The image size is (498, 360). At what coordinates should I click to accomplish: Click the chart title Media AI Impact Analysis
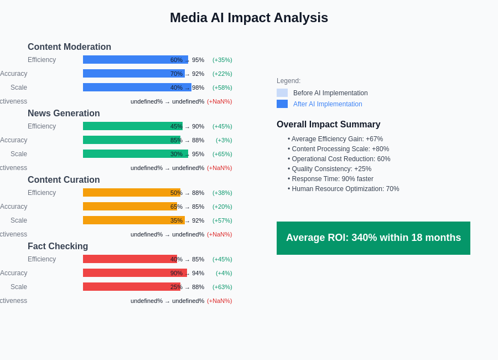pyautogui.click(x=249, y=18)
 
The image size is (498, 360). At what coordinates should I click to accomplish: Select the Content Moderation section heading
pyautogui.click(x=69, y=47)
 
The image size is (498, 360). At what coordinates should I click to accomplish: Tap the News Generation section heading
pyautogui.click(x=64, y=114)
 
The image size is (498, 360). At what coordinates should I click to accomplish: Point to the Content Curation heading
pyautogui.click(x=64, y=180)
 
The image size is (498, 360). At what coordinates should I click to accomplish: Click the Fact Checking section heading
pyautogui.click(x=58, y=246)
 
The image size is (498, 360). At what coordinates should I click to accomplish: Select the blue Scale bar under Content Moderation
pyautogui.click(x=127, y=88)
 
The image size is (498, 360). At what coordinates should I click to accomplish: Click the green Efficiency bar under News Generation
pyautogui.click(x=127, y=126)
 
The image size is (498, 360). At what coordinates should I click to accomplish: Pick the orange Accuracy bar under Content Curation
pyautogui.click(x=127, y=207)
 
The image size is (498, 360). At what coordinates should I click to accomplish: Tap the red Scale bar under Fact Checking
pyautogui.click(x=127, y=287)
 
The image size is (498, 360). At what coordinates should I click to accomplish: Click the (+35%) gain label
pyautogui.click(x=222, y=60)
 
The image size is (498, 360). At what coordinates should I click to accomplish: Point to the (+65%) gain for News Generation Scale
pyautogui.click(x=222, y=154)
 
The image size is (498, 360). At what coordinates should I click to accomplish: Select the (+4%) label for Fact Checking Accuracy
pyautogui.click(x=224, y=273)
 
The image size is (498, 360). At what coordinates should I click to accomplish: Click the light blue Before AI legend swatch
pyautogui.click(x=282, y=93)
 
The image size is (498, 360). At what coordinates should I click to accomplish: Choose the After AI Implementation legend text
pyautogui.click(x=328, y=104)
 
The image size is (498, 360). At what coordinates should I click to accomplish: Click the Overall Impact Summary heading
pyautogui.click(x=329, y=125)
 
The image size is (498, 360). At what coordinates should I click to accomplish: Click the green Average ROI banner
pyautogui.click(x=373, y=238)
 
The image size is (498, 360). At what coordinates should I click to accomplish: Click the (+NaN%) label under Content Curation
pyautogui.click(x=220, y=234)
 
